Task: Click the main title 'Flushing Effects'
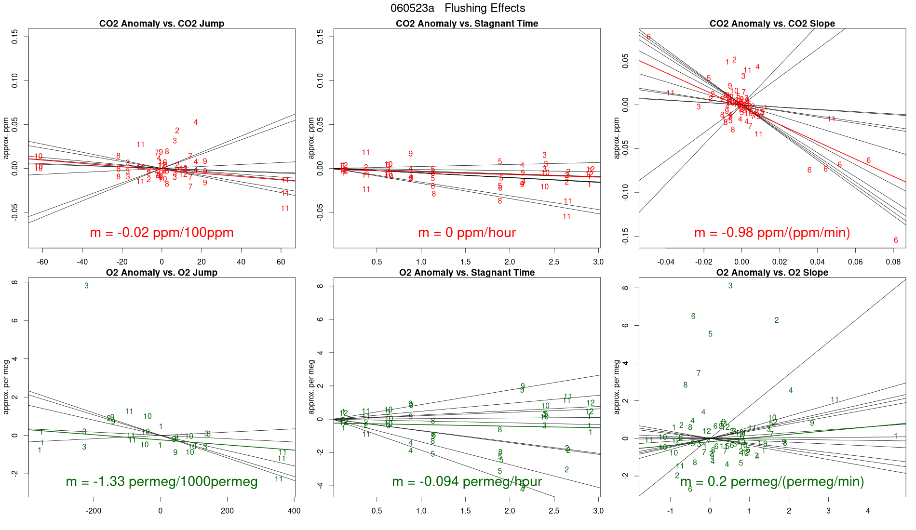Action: click(x=485, y=8)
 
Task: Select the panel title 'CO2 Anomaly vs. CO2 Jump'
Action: click(x=162, y=24)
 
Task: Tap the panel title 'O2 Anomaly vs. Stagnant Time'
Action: click(x=467, y=273)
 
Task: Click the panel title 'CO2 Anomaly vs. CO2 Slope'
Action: click(x=772, y=24)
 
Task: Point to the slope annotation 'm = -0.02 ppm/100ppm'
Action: click(x=162, y=233)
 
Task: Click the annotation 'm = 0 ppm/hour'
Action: click(x=467, y=233)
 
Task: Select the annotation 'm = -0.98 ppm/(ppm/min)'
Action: click(x=772, y=233)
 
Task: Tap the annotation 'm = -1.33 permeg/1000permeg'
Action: click(x=162, y=482)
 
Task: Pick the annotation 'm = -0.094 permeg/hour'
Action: click(x=467, y=482)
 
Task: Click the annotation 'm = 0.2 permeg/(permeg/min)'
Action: click(x=772, y=482)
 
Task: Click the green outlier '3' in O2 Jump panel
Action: click(x=87, y=286)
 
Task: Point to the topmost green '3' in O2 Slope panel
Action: click(x=730, y=286)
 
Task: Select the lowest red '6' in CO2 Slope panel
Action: click(x=896, y=240)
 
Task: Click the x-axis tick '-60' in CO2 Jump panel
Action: click(x=42, y=262)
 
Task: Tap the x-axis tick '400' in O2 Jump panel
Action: click(x=294, y=511)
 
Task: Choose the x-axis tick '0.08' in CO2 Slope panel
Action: click(x=893, y=262)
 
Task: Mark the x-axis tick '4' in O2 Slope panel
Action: click(x=868, y=511)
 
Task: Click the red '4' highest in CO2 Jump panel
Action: click(x=196, y=122)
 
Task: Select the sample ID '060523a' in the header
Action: click(x=412, y=8)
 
